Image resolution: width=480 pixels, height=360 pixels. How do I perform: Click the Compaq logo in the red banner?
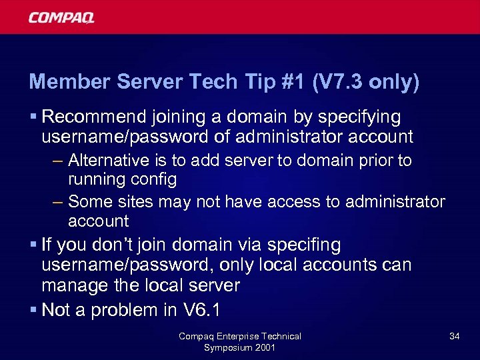[x=61, y=17]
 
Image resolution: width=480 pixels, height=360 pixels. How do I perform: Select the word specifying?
[x=359, y=118]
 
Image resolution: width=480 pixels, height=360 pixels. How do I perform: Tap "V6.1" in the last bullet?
[x=201, y=310]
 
